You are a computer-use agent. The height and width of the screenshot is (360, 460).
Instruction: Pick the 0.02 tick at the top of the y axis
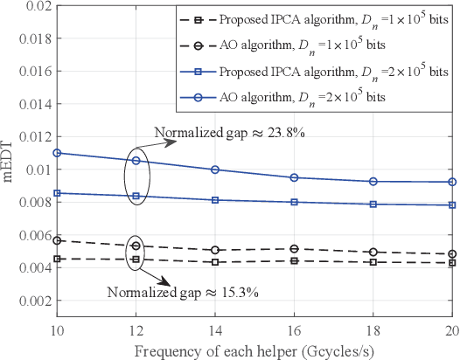[33, 6]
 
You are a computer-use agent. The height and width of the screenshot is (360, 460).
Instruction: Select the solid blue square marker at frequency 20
[451, 205]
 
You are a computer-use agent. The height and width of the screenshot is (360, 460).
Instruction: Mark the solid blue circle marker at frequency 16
[293, 177]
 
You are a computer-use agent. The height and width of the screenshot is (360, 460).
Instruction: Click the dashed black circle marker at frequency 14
[213, 250]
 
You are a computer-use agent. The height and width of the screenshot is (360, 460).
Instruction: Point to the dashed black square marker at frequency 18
[373, 262]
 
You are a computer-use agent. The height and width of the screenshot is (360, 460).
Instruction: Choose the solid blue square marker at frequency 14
[213, 200]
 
